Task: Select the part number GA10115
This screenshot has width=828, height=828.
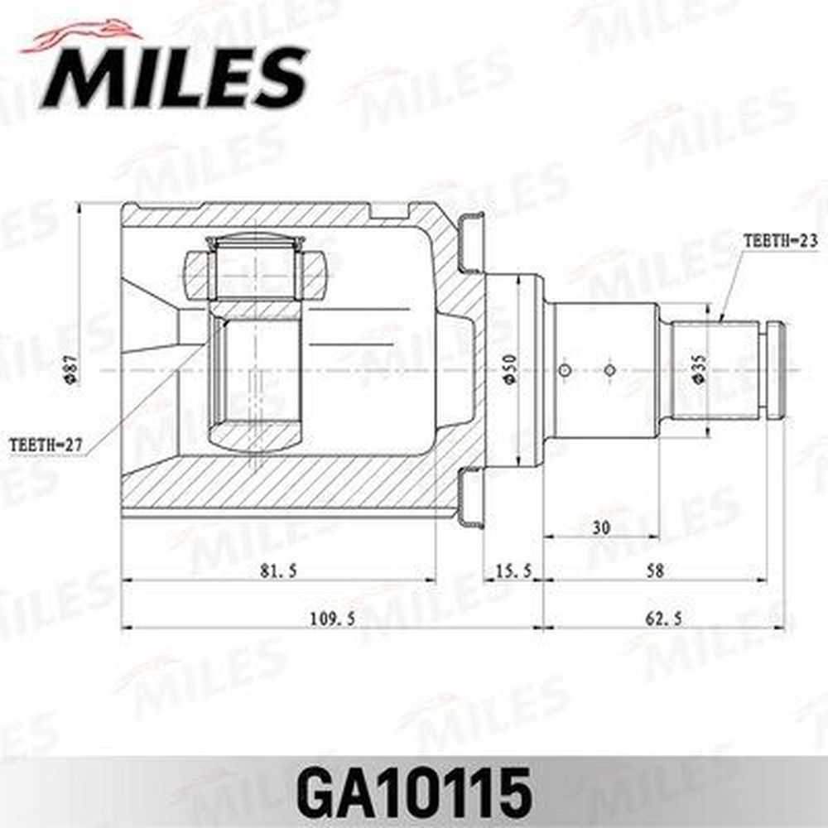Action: [414, 793]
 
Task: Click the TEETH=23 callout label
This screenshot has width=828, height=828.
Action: [781, 241]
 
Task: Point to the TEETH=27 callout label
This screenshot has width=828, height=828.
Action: [46, 445]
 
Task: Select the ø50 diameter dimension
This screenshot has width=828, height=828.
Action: [509, 369]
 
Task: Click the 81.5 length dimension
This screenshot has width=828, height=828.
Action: [278, 570]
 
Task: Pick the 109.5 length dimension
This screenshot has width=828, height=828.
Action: [332, 619]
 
